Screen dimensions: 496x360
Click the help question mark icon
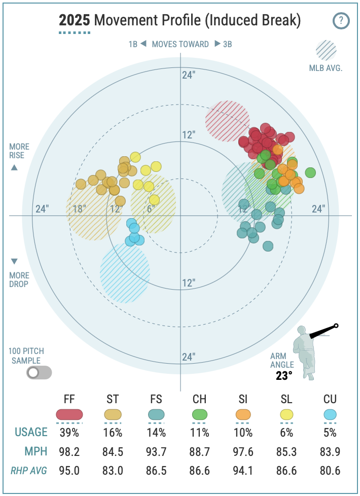click(x=341, y=21)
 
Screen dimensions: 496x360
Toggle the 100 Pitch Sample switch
click(x=39, y=373)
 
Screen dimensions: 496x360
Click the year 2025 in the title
click(x=75, y=21)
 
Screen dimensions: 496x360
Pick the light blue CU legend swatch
click(x=330, y=414)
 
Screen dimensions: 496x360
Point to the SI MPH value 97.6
click(x=243, y=451)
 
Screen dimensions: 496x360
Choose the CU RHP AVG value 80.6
click(x=330, y=470)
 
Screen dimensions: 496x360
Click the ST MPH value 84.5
click(x=113, y=451)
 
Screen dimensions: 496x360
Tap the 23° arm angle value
click(x=284, y=376)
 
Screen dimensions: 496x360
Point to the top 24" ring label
click(x=189, y=75)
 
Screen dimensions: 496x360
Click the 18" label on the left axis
click(x=80, y=208)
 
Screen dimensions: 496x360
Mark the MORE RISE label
click(x=19, y=151)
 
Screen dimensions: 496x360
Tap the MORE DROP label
click(x=19, y=279)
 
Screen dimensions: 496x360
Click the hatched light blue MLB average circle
click(x=125, y=273)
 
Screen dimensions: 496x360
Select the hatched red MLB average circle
click(x=227, y=121)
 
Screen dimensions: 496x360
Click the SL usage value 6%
click(x=286, y=433)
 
